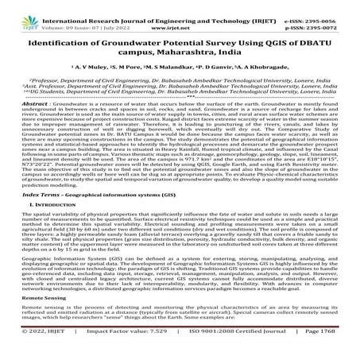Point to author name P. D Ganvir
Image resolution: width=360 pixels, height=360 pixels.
click(x=237, y=68)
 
